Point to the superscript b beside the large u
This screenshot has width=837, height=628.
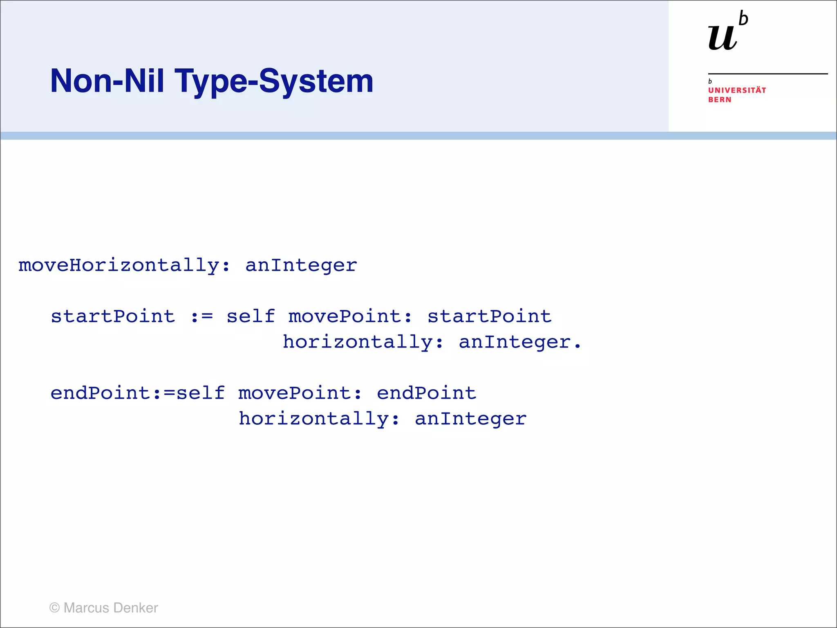[x=743, y=19]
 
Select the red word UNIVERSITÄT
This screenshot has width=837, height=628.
[x=737, y=90]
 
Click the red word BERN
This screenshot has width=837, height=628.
[x=720, y=100]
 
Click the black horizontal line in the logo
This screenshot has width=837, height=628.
[x=768, y=74]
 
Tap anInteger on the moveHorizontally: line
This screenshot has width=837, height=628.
[x=301, y=266]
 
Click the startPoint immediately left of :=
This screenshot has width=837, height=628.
[x=113, y=316]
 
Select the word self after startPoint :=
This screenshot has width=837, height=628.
[x=251, y=316]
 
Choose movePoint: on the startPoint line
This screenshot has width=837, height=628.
[x=350, y=316]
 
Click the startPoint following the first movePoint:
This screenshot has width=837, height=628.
[x=489, y=316]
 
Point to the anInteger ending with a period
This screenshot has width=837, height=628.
[x=519, y=342]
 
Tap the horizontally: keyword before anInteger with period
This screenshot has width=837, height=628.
[x=363, y=342]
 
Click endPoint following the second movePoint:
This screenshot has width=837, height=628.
[x=426, y=393]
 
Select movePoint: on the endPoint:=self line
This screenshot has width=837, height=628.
[x=300, y=393]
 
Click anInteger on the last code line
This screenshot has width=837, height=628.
[x=470, y=419]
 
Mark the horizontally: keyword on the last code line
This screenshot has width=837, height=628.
[x=319, y=419]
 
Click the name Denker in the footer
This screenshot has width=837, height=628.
[x=136, y=608]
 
